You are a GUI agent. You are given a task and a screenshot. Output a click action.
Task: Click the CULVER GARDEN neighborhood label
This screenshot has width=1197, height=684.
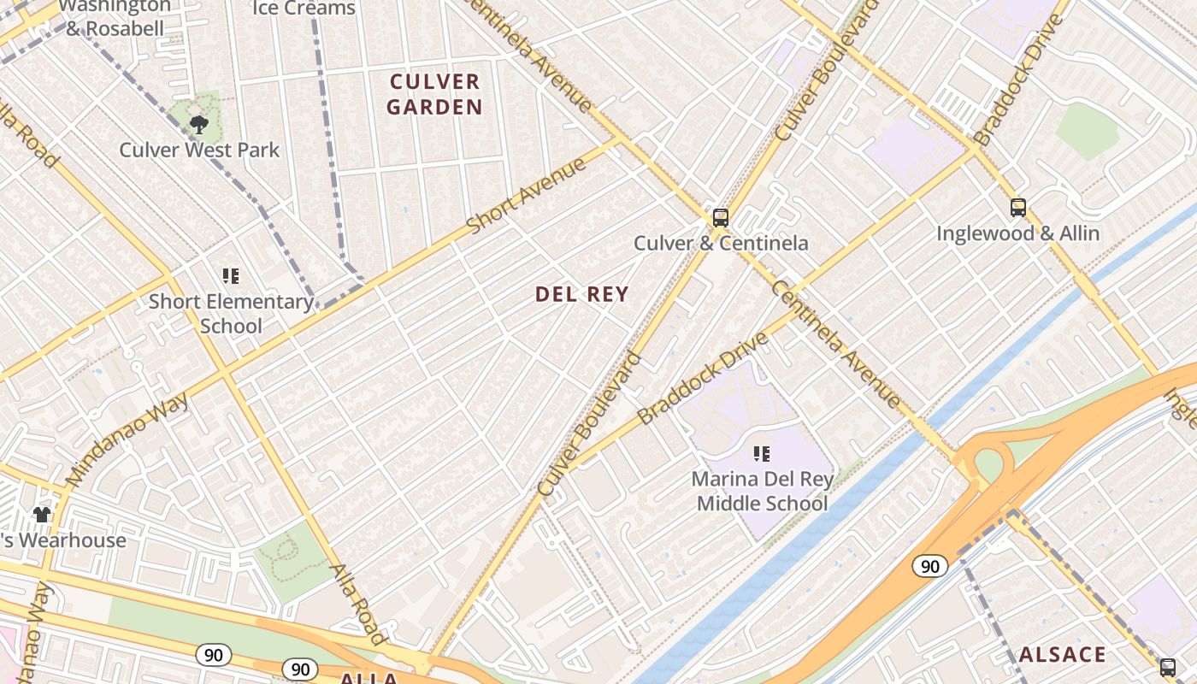coord(434,94)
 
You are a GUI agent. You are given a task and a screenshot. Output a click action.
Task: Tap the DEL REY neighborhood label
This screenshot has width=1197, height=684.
coord(581,294)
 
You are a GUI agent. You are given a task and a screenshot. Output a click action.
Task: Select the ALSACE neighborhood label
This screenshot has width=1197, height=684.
coord(1062,655)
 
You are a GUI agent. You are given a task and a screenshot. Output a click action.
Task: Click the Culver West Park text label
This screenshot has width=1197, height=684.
coord(199,150)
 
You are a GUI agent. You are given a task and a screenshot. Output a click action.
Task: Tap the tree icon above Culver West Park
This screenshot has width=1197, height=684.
coord(199,125)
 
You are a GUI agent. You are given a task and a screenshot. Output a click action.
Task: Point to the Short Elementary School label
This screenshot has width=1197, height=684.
coord(231,313)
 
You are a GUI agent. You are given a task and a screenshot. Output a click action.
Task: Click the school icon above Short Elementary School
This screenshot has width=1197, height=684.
coord(231,276)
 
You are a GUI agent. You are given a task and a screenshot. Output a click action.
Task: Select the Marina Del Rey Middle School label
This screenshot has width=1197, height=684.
coord(762,491)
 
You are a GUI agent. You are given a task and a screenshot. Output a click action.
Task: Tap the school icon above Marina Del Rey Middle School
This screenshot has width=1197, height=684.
coord(762,454)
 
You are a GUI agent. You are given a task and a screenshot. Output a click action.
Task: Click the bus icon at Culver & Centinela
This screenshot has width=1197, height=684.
coord(721,217)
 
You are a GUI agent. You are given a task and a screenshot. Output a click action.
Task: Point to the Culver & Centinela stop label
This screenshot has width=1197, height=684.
coord(721,243)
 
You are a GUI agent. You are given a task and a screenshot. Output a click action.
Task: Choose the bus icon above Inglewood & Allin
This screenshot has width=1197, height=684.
coord(1017,207)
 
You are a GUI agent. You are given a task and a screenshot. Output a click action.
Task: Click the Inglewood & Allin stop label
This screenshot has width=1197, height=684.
coord(1017,233)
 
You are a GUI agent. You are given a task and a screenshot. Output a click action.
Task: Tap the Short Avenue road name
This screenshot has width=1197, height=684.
coord(526,195)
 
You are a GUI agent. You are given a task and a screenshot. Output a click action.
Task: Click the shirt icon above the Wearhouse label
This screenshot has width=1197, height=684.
coord(42,514)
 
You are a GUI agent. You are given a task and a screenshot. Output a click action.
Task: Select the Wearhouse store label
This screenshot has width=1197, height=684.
coord(62,540)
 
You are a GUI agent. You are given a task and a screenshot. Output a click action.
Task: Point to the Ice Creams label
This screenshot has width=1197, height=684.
coord(304,9)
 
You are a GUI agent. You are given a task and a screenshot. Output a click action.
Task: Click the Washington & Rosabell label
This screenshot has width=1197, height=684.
coord(115,17)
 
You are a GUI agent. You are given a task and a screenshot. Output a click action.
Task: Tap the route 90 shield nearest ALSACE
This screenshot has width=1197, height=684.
coord(929,565)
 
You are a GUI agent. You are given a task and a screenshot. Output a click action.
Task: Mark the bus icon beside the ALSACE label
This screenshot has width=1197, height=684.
coord(1168,667)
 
